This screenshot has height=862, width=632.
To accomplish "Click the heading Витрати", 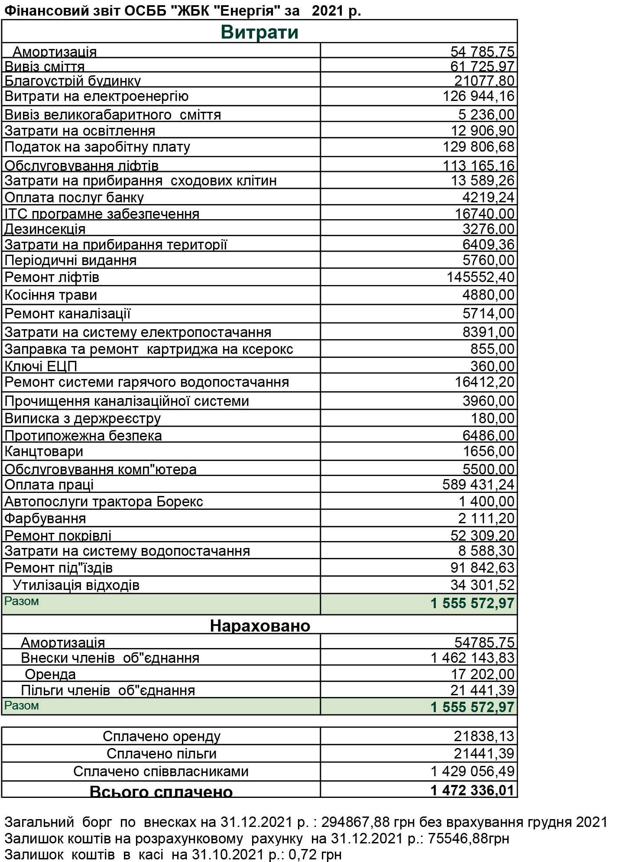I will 259,32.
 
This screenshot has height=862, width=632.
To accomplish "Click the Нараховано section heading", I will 260,625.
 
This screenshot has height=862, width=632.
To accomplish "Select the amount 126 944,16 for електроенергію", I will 478,96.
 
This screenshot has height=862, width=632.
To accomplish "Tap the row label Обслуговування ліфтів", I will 81,165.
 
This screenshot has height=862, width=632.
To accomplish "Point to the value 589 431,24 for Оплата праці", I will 478,484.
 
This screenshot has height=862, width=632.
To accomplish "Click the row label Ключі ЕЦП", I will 41,366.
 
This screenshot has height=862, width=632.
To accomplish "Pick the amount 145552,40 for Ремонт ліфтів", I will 480,277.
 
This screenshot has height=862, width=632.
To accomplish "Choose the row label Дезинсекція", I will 45,229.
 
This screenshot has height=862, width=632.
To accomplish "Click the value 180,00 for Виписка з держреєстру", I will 493,418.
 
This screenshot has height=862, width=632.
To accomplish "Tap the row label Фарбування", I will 45,518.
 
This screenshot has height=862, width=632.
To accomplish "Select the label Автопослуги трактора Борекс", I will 104,502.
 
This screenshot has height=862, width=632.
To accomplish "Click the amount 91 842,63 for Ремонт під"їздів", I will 482,567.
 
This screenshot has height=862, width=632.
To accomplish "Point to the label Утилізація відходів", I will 76,585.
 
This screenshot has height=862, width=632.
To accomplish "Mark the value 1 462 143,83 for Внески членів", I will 472,658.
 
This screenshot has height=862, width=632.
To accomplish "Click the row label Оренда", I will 50,674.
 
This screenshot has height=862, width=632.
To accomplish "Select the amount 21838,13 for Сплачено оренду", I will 484,736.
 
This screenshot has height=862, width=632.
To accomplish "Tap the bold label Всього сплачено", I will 161,791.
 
